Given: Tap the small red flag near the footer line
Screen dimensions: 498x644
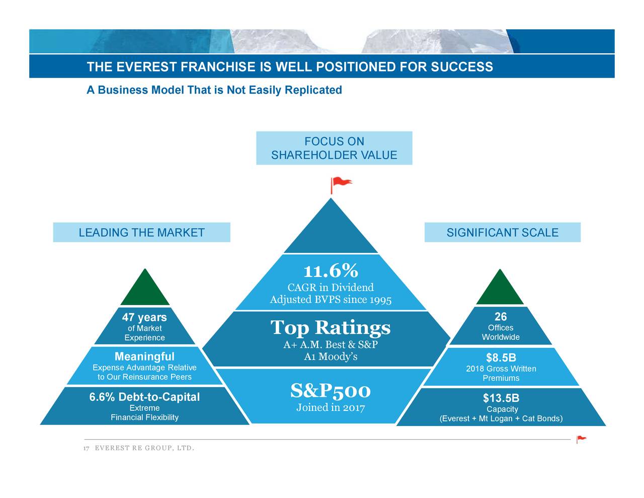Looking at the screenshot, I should click(581, 439).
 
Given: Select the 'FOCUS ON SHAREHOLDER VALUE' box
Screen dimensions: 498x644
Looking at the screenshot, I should click(334, 148).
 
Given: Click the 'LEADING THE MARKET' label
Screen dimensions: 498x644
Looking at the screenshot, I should click(141, 233).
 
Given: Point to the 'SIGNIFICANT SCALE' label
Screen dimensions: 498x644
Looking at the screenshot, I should click(502, 233).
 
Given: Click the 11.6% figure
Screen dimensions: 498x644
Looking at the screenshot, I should click(331, 271).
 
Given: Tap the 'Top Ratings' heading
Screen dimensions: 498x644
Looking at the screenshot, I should click(330, 328).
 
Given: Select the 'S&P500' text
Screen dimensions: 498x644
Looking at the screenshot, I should click(331, 390).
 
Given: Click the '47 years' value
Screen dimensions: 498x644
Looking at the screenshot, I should click(144, 317).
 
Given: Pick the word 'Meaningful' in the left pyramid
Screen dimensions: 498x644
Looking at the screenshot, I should click(144, 357).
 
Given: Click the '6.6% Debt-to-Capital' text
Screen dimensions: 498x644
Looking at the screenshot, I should click(144, 397).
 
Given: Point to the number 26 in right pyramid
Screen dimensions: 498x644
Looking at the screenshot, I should click(501, 317).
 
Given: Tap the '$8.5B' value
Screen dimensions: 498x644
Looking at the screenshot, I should click(501, 358).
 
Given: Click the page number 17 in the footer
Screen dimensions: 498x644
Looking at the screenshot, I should click(87, 449).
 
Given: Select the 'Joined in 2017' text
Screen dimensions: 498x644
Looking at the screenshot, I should click(331, 407).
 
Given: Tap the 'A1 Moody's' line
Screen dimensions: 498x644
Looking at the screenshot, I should click(331, 357).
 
